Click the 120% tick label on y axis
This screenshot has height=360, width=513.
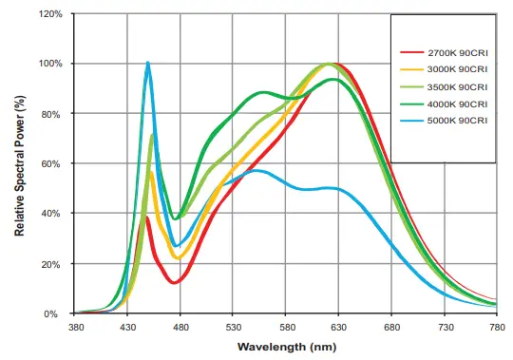coord(51,14)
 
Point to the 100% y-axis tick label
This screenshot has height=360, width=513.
coord(51,64)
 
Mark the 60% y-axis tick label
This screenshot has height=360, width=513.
coord(54,163)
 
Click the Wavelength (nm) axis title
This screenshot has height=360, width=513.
coord(286,348)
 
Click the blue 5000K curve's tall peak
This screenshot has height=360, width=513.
coord(147,64)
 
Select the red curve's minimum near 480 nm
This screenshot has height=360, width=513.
coord(174,282)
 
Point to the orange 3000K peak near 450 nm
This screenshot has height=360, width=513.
coord(150,172)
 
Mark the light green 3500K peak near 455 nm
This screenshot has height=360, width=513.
coord(153,136)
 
